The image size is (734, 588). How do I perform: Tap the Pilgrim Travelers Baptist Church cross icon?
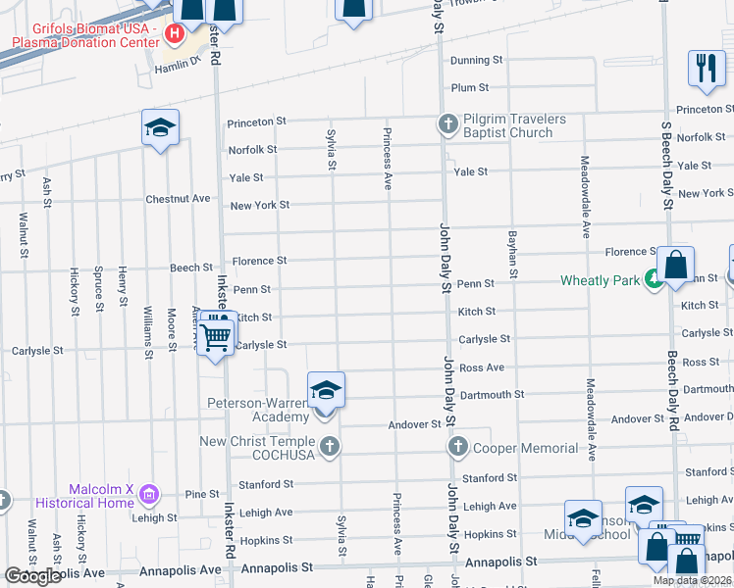point(448,123)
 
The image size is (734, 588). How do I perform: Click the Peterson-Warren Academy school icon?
point(326,391)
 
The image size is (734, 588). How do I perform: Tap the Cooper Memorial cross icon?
point(457,448)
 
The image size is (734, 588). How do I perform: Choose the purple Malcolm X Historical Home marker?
point(148,491)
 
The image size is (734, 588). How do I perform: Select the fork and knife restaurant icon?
point(706,68)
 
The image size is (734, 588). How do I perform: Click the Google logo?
point(32,576)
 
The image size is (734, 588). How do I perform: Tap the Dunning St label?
point(476,61)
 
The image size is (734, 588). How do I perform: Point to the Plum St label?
point(470,88)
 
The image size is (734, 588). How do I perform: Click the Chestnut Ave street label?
point(178,199)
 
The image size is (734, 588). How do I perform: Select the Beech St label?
point(191,268)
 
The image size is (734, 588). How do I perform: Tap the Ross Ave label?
point(481,367)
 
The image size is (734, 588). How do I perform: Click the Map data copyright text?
point(692,580)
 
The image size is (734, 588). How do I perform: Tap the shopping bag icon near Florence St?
point(675,265)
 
